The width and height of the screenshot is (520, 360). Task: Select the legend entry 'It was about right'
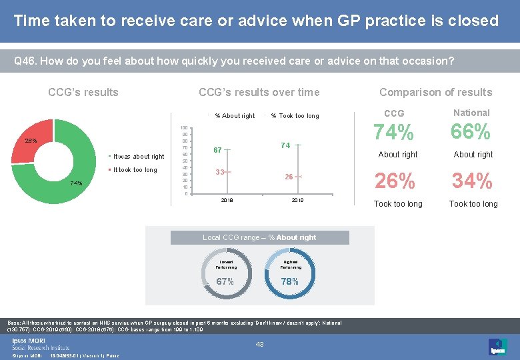tap(139, 157)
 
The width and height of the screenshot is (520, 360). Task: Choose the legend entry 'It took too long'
tap(135, 170)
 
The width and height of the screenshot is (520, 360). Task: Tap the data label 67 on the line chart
tap(218, 151)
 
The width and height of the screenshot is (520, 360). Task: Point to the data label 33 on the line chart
tap(219, 172)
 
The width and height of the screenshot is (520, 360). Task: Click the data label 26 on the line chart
tap(289, 177)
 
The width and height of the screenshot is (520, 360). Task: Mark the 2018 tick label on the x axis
tap(227, 200)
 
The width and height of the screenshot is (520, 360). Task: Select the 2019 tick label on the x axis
tap(297, 200)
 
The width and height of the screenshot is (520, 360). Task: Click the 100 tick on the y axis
tap(183, 127)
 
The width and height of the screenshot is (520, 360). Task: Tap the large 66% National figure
tap(471, 133)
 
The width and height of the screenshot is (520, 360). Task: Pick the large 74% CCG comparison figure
tap(394, 133)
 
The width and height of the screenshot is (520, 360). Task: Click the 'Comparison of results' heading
tap(435, 92)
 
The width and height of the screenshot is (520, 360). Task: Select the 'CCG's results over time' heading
tap(259, 92)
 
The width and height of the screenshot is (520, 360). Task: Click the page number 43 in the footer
tap(261, 344)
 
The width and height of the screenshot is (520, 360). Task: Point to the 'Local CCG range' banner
tap(259, 237)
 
